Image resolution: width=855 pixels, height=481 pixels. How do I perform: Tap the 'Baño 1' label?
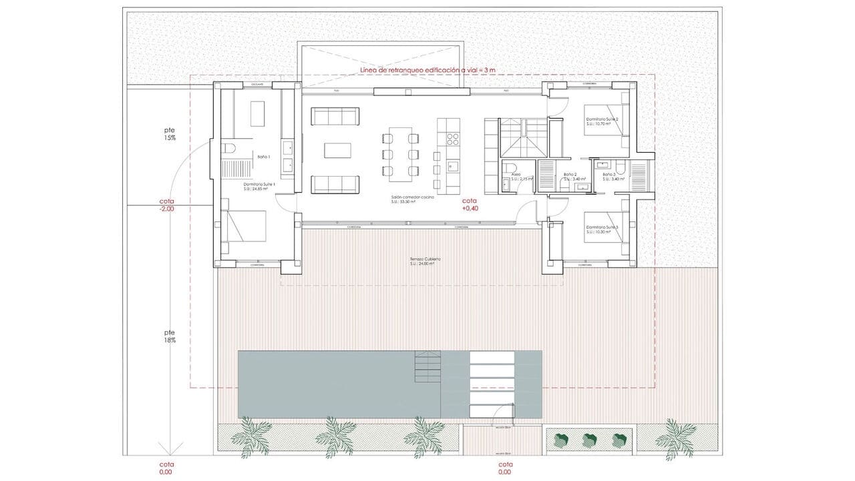263,157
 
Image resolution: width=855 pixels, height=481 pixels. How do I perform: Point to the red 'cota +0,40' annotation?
470,204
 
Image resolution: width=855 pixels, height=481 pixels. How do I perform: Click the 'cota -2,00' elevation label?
167,205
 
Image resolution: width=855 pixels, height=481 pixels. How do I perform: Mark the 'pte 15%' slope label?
170,133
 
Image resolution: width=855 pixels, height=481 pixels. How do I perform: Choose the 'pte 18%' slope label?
170,336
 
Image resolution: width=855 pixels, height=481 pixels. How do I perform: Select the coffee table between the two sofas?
337,150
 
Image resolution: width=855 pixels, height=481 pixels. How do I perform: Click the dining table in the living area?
401,154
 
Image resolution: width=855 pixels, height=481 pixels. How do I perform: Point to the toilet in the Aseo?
510,167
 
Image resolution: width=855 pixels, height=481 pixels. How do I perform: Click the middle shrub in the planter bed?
588,439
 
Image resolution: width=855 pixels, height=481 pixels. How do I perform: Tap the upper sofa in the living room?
335,117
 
